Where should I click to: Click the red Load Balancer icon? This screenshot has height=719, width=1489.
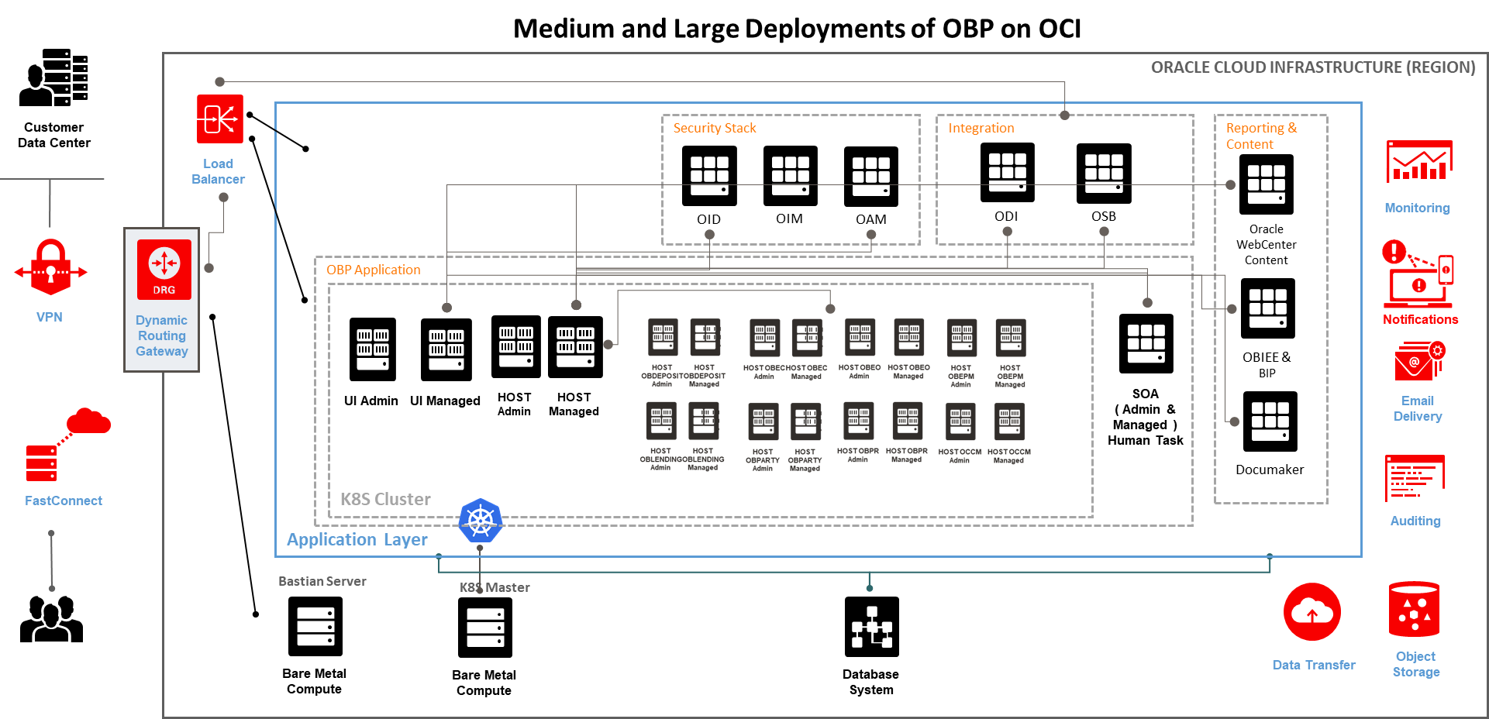(219, 119)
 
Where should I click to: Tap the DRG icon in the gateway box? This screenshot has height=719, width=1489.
(164, 269)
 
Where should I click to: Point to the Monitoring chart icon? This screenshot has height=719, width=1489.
(1418, 161)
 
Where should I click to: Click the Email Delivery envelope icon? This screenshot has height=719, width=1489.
(1418, 362)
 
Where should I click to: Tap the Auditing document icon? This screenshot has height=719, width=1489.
(1415, 479)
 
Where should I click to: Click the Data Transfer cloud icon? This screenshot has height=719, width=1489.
(1311, 612)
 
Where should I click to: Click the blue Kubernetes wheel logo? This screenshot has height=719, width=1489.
(481, 520)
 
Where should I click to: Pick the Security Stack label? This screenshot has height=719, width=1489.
(714, 128)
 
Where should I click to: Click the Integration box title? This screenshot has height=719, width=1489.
(981, 128)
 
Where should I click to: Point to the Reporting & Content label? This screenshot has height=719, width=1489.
(1260, 136)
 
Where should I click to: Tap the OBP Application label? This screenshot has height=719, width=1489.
(373, 270)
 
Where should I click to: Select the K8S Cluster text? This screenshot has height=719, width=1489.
(385, 499)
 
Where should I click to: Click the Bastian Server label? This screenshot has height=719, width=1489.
(322, 581)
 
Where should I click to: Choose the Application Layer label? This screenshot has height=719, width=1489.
(357, 539)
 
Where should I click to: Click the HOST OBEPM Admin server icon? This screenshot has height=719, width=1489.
(961, 338)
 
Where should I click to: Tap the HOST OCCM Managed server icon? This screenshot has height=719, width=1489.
(1009, 421)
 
